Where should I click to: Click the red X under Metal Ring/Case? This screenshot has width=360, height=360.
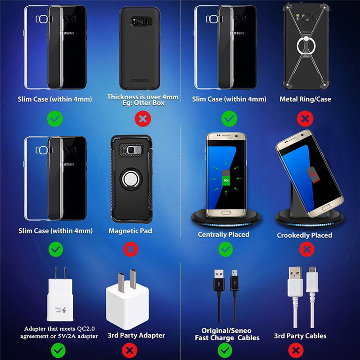(305, 119)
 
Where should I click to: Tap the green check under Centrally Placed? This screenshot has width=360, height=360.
(225, 249)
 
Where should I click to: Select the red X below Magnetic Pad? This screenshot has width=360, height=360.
(130, 249)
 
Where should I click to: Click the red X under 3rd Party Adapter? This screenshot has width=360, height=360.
(130, 351)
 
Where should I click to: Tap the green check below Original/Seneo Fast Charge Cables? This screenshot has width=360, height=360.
(225, 351)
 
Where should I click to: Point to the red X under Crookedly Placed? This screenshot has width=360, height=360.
(307, 249)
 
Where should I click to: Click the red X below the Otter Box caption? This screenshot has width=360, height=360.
(143, 119)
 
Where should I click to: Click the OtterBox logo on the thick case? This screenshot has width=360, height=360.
(139, 81)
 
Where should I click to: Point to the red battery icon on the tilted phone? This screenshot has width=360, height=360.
(313, 175)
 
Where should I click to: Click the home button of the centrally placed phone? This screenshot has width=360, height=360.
(226, 212)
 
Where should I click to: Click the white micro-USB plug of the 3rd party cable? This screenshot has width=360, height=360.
(312, 279)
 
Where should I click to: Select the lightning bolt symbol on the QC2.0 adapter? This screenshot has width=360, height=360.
(64, 310)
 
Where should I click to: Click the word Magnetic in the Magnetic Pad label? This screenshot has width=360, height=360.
(123, 231)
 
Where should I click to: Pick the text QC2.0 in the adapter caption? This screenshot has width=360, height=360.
(85, 329)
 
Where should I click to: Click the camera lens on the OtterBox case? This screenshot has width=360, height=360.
(139, 22)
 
